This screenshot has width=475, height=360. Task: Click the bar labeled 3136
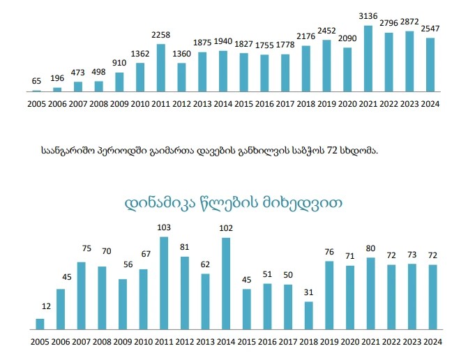(x=368, y=59)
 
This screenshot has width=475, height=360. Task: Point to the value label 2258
(x=161, y=36)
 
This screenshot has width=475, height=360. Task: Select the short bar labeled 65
(x=36, y=91)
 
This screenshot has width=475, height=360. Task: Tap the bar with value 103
(x=164, y=283)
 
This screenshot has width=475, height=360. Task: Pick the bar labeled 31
(x=308, y=315)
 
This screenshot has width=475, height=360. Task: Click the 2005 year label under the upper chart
(x=36, y=104)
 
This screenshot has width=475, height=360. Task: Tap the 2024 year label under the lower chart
(x=432, y=342)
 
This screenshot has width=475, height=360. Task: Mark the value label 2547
(x=431, y=29)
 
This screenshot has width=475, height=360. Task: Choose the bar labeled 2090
(x=347, y=70)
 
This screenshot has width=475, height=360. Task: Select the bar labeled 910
(x=119, y=82)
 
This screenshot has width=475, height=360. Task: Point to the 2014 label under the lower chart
(x=225, y=342)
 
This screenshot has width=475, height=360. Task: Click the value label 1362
(x=140, y=54)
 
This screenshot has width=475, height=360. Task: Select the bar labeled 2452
(x=326, y=66)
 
